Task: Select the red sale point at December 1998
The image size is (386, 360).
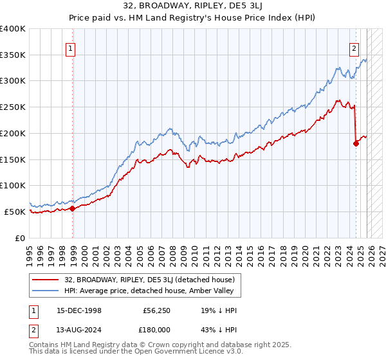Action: [73, 208]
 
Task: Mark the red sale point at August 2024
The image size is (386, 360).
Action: [356, 143]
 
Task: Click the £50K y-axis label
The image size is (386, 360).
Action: [15, 212]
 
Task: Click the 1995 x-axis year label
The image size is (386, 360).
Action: [30, 251]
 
